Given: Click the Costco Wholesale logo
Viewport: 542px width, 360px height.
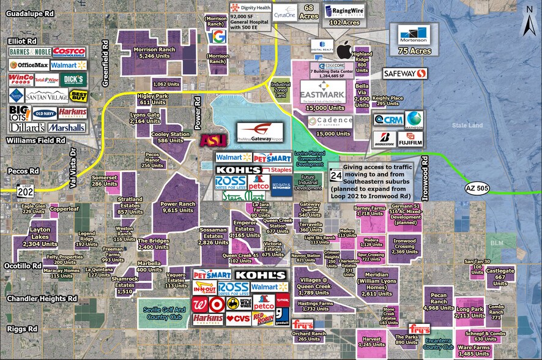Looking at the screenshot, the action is click(69, 52).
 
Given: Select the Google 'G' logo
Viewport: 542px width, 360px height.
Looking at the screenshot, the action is click(217, 37).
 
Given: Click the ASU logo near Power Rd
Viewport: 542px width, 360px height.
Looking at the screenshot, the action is click(213, 140).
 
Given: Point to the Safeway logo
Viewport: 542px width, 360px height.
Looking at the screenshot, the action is click(404, 73).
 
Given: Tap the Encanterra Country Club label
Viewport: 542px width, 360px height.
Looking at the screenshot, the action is click(437, 347).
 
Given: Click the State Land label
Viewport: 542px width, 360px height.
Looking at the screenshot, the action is click(465, 125).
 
